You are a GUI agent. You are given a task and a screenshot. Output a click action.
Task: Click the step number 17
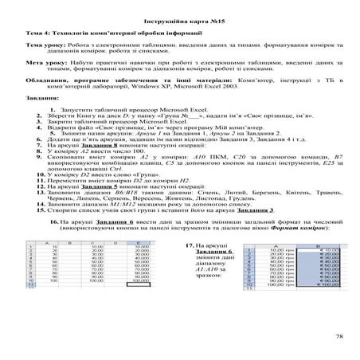pyautogui.click(x=190, y=268)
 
